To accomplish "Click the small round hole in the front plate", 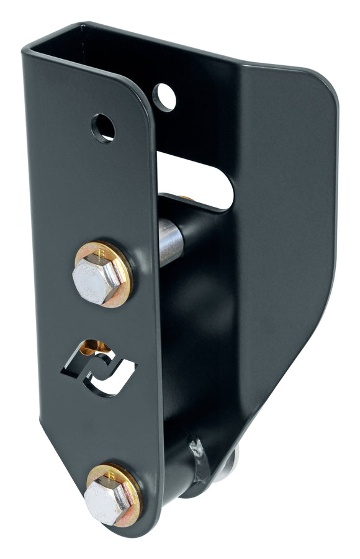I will [103, 127].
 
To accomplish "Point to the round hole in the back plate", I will [164, 97].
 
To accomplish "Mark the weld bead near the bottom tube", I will [199, 460].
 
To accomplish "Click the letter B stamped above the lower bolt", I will [111, 475].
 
